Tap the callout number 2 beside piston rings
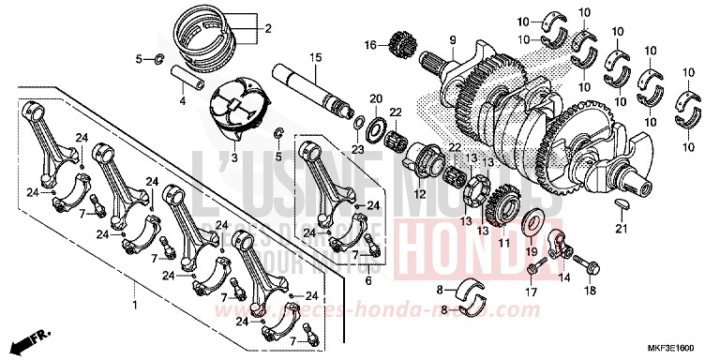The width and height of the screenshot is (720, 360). tap(267, 29)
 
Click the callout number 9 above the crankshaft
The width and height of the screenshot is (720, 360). tap(451, 38)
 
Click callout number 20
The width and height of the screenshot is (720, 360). tap(376, 98)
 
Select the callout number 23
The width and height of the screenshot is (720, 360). tap(356, 149)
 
